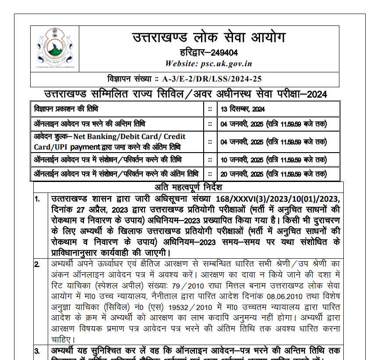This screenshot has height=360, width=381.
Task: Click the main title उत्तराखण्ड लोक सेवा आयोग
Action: (x=208, y=37)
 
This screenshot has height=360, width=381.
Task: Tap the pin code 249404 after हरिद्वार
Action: (x=224, y=53)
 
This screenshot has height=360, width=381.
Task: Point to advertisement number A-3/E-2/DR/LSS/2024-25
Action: (x=212, y=79)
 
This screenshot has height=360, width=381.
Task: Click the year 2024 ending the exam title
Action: (x=317, y=94)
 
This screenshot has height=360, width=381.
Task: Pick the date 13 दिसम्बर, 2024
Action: (x=243, y=109)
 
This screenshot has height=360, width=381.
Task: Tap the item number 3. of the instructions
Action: (x=38, y=351)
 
